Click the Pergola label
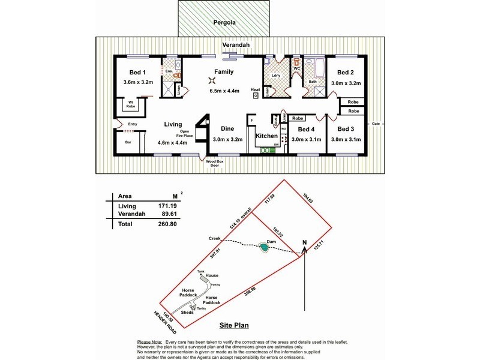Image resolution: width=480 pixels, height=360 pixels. [x=224, y=24]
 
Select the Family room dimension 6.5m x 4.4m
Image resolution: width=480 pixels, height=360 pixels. [x=224, y=91]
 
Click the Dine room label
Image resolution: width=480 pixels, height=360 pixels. [x=227, y=129]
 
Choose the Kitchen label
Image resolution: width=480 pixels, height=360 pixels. [x=267, y=136]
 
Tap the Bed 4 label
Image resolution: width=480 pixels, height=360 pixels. [x=306, y=130]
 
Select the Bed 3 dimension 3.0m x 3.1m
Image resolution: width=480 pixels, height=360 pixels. [x=346, y=139]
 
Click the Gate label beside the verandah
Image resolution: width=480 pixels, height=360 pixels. [x=376, y=124]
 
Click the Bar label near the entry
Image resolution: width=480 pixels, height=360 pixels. [x=128, y=142]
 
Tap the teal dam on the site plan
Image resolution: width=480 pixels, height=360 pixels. [x=264, y=247]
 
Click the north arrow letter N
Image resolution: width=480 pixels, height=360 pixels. [x=304, y=243]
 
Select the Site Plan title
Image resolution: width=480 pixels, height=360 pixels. [x=233, y=326]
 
